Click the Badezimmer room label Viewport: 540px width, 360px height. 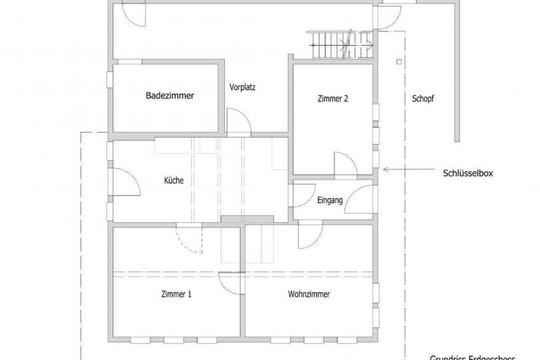pyautogui.click(x=169, y=96)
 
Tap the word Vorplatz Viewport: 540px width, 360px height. pyautogui.click(x=242, y=87)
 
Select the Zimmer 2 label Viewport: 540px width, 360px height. pyautogui.click(x=332, y=99)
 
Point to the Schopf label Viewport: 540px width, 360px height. pyautogui.click(x=423, y=99)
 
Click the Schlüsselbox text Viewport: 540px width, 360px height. pyautogui.click(x=469, y=173)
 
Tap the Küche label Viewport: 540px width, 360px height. pyautogui.click(x=173, y=180)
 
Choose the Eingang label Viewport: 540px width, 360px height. pyautogui.click(x=330, y=200)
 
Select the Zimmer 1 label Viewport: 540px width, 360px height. pyautogui.click(x=176, y=294)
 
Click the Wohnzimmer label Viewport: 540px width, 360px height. pyautogui.click(x=309, y=294)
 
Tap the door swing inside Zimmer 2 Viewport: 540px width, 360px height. pyautogui.click(x=345, y=164)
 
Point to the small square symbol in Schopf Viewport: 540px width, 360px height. pyautogui.click(x=398, y=62)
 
